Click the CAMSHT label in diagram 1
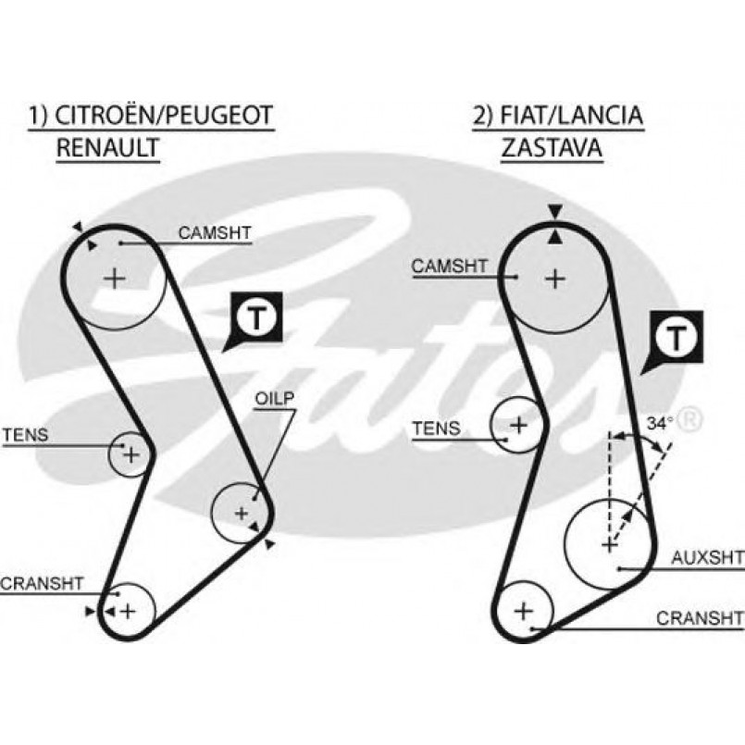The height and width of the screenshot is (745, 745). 215,233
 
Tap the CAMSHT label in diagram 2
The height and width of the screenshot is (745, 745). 450,267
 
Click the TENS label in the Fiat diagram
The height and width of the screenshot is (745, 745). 436,428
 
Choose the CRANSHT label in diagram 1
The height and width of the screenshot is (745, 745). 43,583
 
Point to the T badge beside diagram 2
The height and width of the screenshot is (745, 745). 679,337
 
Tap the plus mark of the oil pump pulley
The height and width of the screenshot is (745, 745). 242,512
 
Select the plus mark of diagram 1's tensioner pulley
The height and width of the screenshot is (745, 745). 130,454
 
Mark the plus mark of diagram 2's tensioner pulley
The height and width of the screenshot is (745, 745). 519,425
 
